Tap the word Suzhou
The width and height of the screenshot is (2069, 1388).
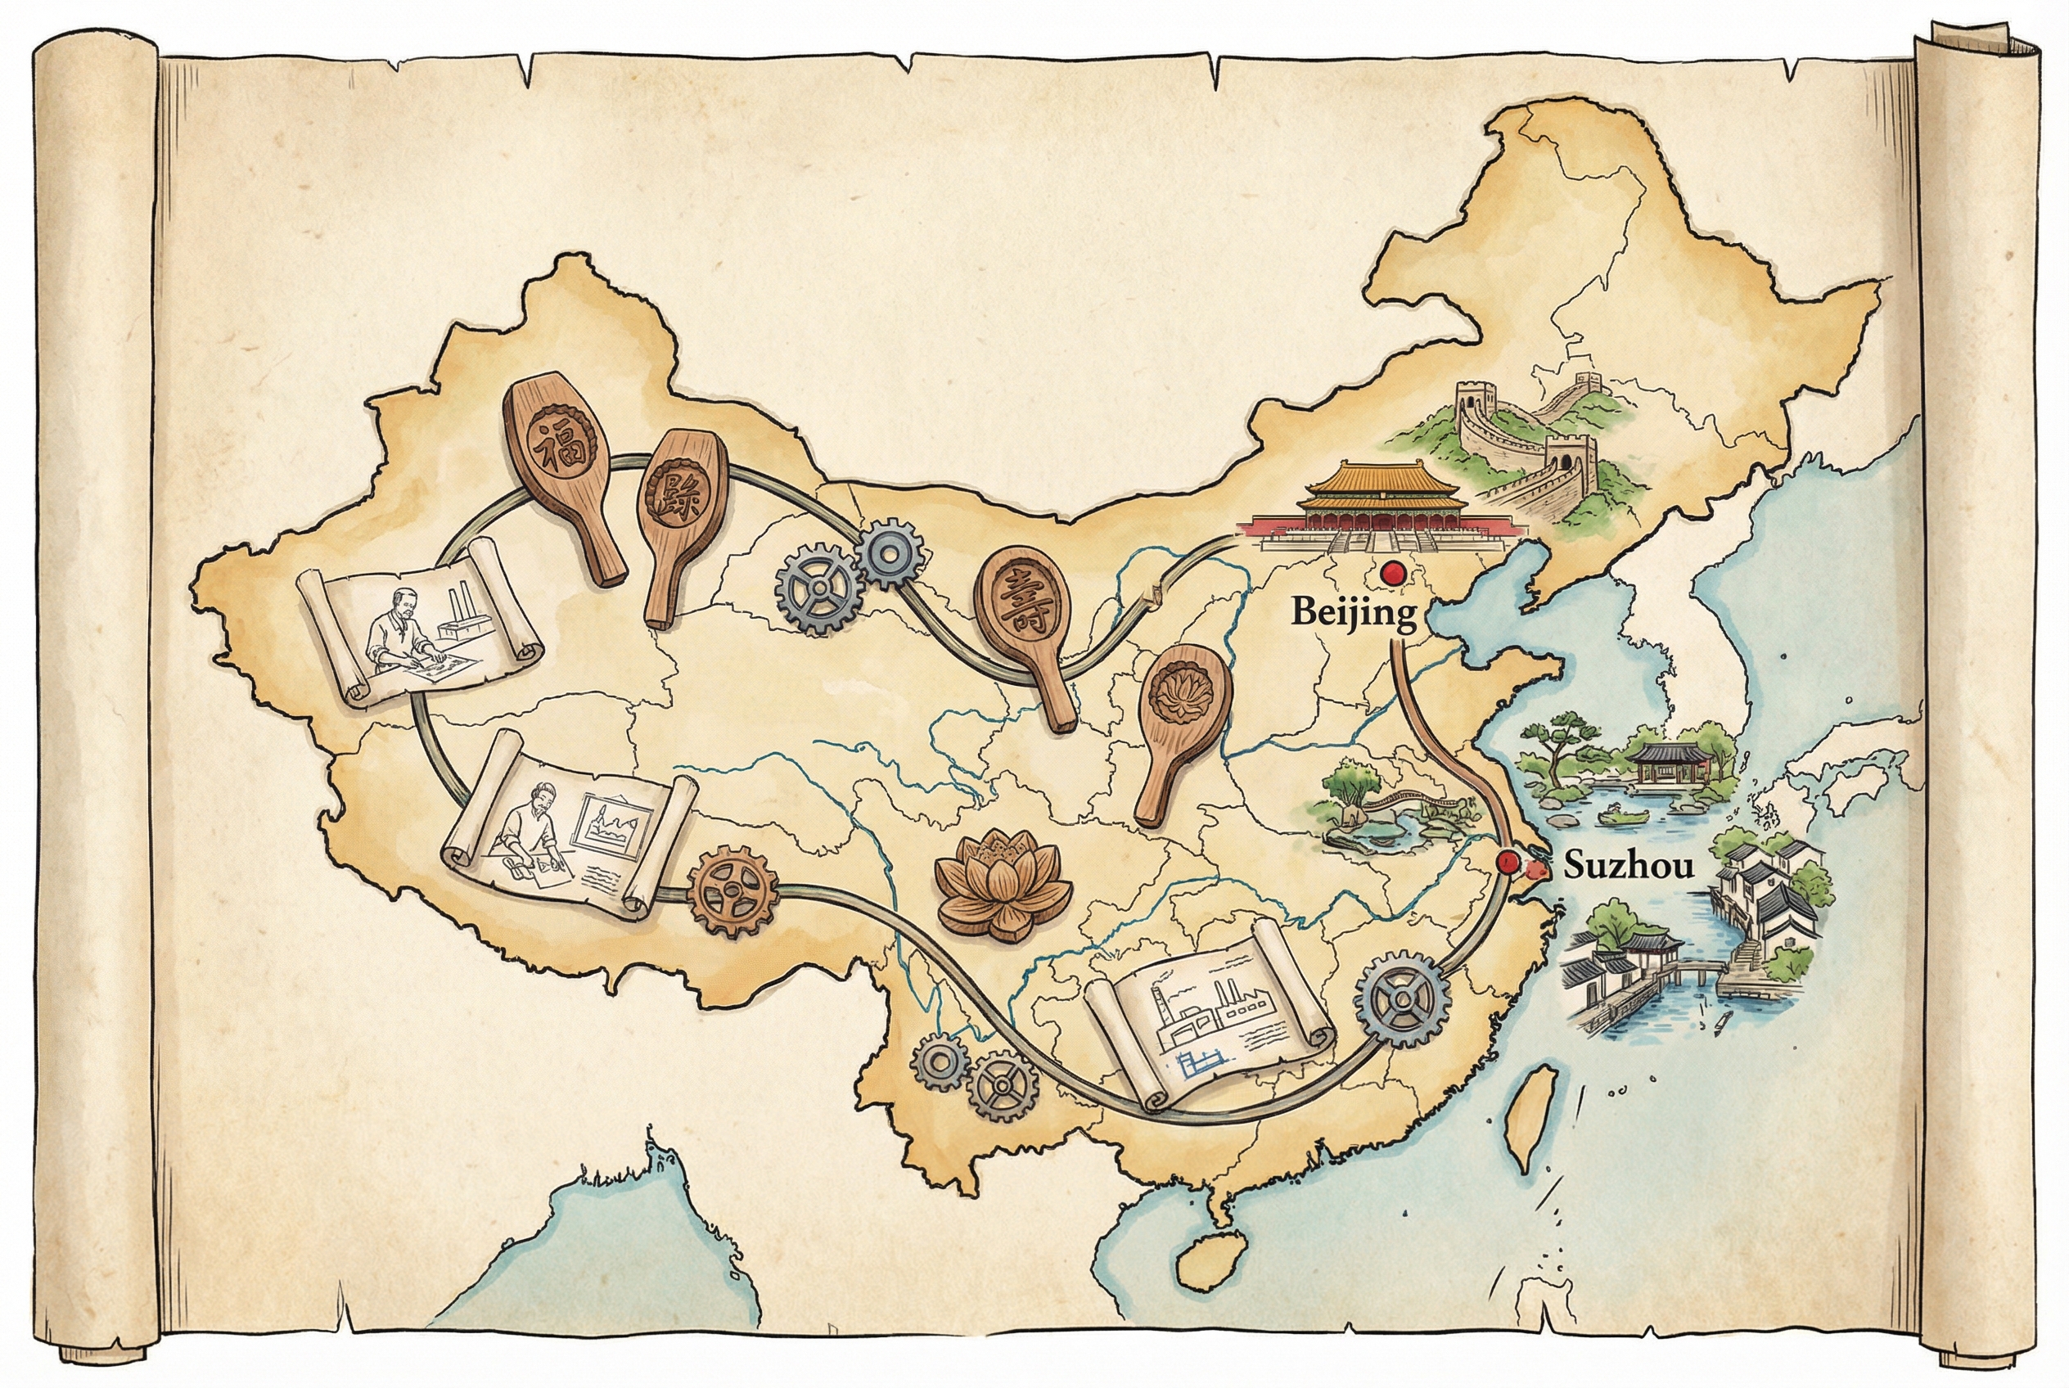1628,865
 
